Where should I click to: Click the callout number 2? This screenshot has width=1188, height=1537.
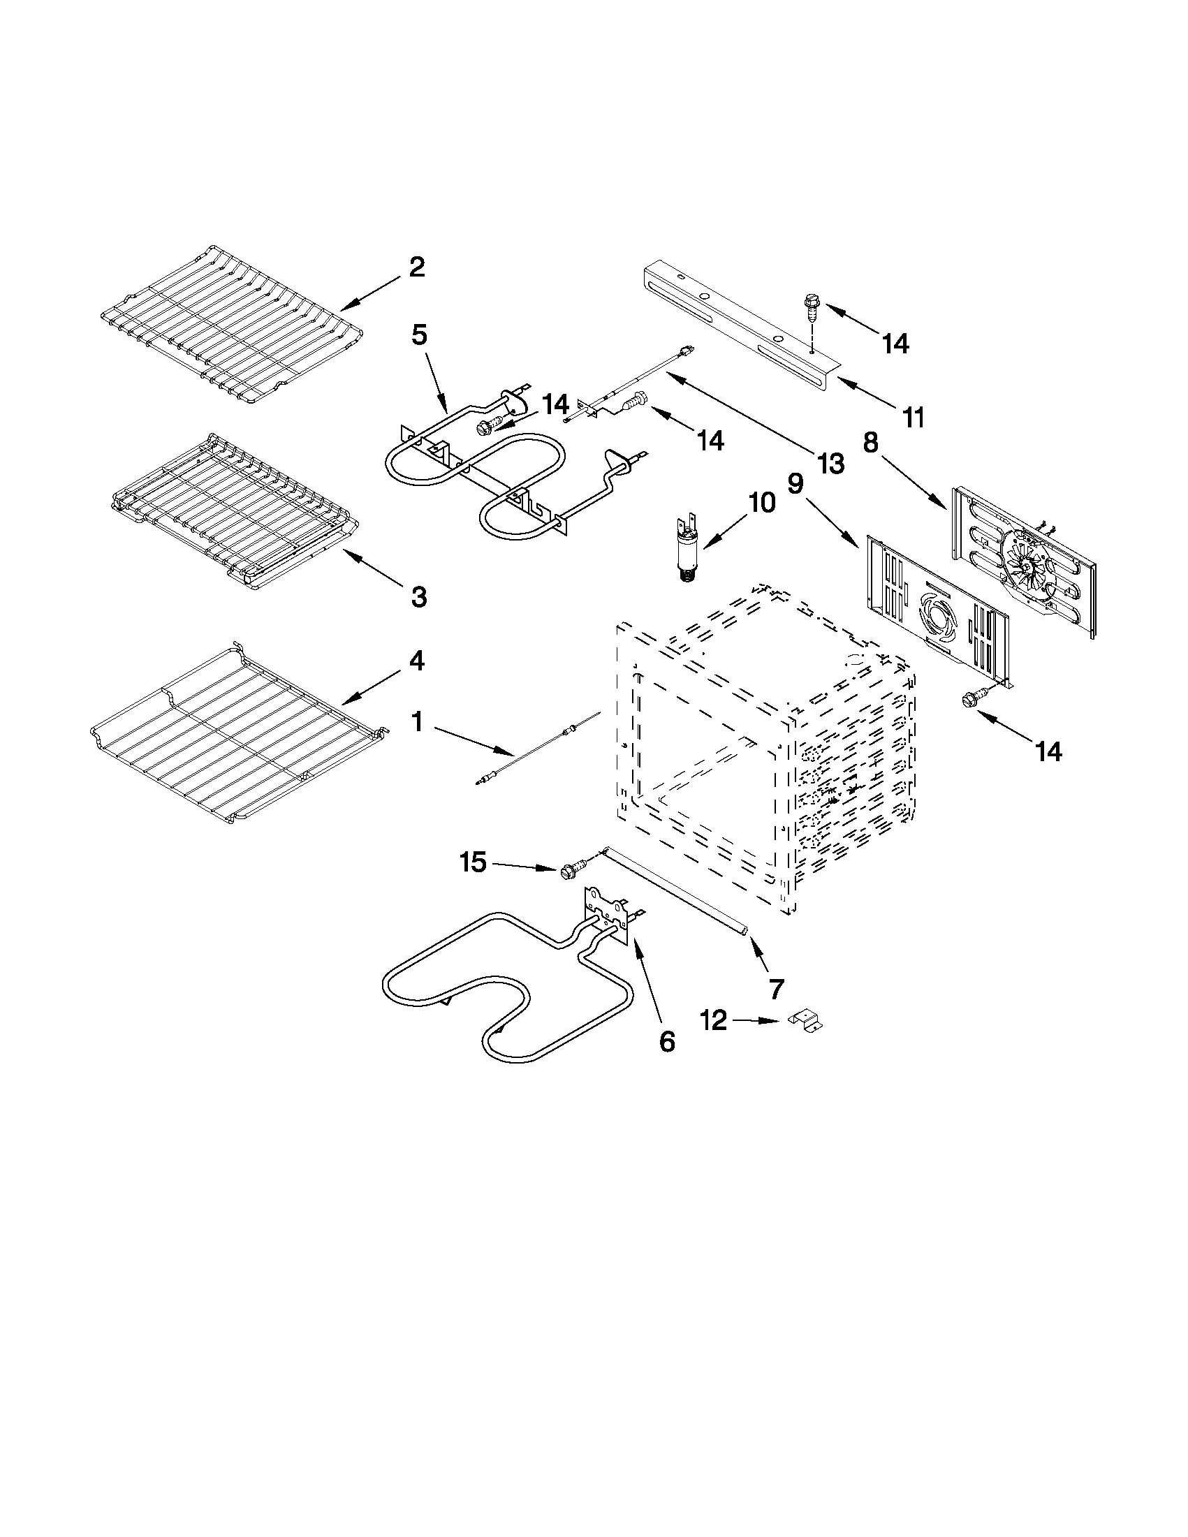pyautogui.click(x=417, y=267)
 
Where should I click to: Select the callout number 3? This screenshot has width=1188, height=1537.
pyautogui.click(x=418, y=597)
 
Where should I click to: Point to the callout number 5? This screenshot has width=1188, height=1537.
pyautogui.click(x=419, y=335)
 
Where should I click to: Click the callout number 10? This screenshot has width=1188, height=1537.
pyautogui.click(x=761, y=503)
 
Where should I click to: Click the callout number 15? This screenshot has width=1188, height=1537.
pyautogui.click(x=473, y=862)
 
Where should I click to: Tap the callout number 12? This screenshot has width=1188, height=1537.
pyautogui.click(x=714, y=1020)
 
